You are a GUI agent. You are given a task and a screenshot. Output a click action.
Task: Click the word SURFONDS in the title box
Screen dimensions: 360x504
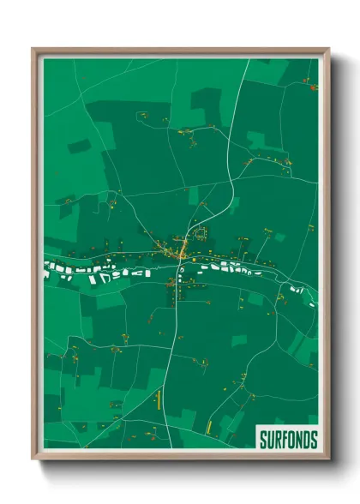pos(288,440)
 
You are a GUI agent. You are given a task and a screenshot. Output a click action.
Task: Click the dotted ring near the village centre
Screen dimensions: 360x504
pos(200,232)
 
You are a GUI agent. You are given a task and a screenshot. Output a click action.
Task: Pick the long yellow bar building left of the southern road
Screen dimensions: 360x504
pos(159,398)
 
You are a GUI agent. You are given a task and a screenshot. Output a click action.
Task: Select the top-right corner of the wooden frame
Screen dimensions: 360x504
pos(327,50)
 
